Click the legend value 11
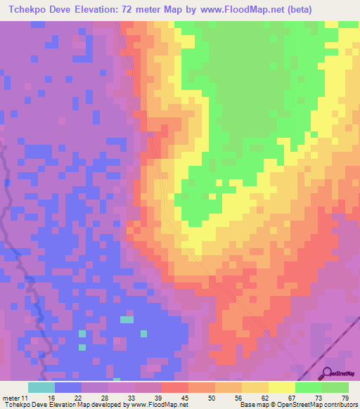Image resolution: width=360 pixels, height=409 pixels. point(25,397)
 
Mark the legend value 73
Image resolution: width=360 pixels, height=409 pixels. point(318,397)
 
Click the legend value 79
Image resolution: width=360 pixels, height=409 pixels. point(345,397)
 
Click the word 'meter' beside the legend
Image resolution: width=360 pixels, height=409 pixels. point(11,397)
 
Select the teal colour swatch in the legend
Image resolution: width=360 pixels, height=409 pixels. point(41,387)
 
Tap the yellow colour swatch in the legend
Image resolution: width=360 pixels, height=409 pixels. point(281,387)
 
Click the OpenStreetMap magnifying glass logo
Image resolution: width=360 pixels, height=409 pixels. point(326,373)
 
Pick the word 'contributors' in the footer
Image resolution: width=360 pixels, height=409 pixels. point(337,405)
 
